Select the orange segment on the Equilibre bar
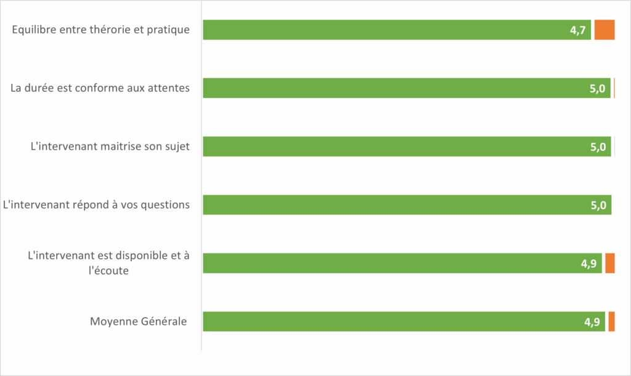[605, 30]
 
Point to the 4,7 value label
[578, 30]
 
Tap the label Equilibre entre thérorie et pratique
[101, 30]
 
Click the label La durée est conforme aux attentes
[100, 88]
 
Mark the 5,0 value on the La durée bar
[598, 89]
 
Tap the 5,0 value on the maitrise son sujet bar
[598, 147]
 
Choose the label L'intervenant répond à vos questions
[97, 205]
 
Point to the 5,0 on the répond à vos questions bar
[598, 205]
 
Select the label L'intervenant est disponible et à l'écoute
[108, 263]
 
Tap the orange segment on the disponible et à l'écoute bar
[610, 263]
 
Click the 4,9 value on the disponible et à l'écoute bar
[589, 264]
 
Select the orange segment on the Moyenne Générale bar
[611, 322]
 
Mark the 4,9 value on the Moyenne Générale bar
[592, 322]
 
